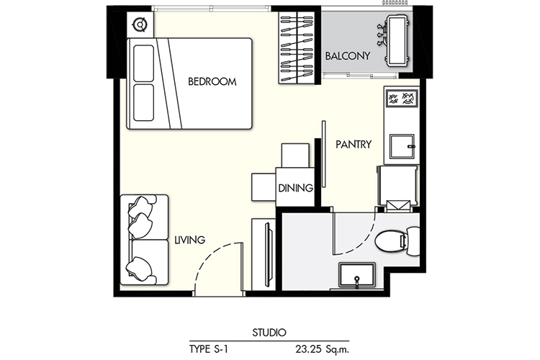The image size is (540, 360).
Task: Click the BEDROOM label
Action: pyautogui.click(x=212, y=81)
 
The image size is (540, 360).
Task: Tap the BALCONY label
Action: pyautogui.click(x=348, y=56)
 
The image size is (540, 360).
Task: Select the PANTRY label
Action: pyautogui.click(x=354, y=144)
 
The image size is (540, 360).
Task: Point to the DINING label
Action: pyautogui.click(x=295, y=188)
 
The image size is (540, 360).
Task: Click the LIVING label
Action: pyautogui.click(x=190, y=240)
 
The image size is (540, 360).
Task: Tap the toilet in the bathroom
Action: pyautogui.click(x=397, y=241)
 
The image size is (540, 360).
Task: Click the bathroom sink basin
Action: pyautogui.click(x=357, y=276)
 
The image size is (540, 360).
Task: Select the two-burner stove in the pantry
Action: pyautogui.click(x=402, y=99)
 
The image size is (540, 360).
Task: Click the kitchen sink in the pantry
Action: pyautogui.click(x=402, y=146)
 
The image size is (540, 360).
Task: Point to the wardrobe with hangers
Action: pyautogui.click(x=297, y=48)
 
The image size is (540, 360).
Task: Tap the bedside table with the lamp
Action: pyautogui.click(x=140, y=24)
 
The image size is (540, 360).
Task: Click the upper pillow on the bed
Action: pyautogui.click(x=143, y=63)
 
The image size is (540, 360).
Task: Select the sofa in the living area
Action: pyautogui.click(x=144, y=240)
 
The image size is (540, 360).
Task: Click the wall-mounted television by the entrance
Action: pyautogui.click(x=268, y=255)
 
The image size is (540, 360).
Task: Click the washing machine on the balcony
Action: pyautogui.click(x=397, y=40)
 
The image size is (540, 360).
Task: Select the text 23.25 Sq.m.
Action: pyautogui.click(x=323, y=349)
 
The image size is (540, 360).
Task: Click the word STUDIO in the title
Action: pyautogui.click(x=269, y=333)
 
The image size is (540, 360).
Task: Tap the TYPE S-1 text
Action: pyautogui.click(x=209, y=349)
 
